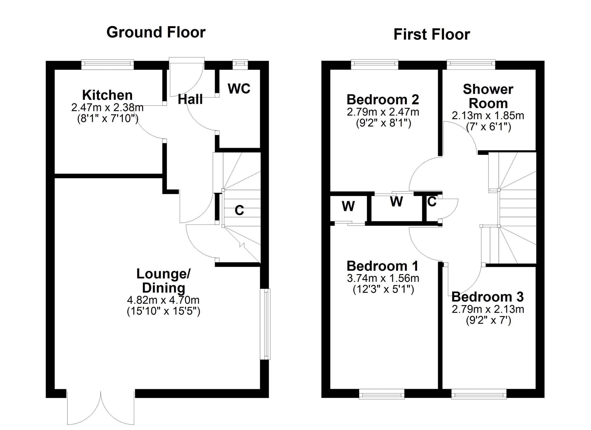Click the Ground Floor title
pyautogui.click(x=156, y=32)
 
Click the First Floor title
pyautogui.click(x=431, y=34)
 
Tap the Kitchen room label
pyautogui.click(x=107, y=95)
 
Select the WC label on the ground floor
pyautogui.click(x=239, y=89)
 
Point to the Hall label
pyautogui.click(x=190, y=100)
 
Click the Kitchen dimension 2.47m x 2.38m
pyautogui.click(x=107, y=107)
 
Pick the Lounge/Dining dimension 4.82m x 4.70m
pyautogui.click(x=163, y=300)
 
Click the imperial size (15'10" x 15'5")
pyautogui.click(x=163, y=311)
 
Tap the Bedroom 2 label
pyautogui.click(x=383, y=100)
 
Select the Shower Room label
pyautogui.click(x=488, y=97)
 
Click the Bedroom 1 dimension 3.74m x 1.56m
pyautogui.click(x=383, y=278)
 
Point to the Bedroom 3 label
pyautogui.click(x=488, y=297)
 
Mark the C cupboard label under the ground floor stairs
pyautogui.click(x=239, y=210)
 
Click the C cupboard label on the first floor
pyautogui.click(x=432, y=202)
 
